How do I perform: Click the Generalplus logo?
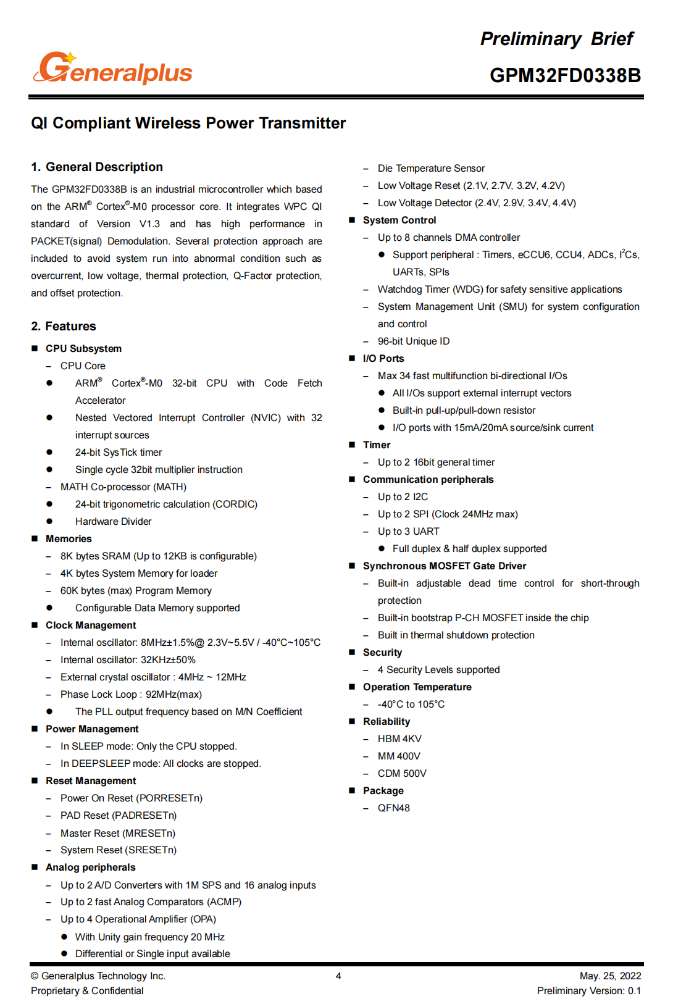[x=113, y=69]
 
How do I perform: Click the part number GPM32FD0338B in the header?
[x=565, y=75]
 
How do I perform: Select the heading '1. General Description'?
[x=97, y=167]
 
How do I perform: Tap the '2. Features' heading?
[x=64, y=326]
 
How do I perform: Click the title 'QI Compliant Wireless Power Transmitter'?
[x=188, y=123]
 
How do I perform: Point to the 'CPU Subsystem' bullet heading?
[x=83, y=348]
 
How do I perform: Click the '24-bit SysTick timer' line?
[x=119, y=452]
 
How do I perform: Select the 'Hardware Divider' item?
[x=113, y=521]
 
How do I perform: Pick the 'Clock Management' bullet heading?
[x=91, y=625]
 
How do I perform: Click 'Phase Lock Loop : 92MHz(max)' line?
[x=131, y=694]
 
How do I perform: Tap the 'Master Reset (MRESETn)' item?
[x=118, y=833]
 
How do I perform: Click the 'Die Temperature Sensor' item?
[x=431, y=168]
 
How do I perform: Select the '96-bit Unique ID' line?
[x=414, y=341]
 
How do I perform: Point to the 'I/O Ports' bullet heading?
[x=383, y=358]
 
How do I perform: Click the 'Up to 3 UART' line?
[x=409, y=531]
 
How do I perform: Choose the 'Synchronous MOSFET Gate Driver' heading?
[x=445, y=566]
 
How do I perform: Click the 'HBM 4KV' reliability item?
[x=399, y=738]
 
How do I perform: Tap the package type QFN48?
[x=394, y=808]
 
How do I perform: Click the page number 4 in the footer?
[x=338, y=976]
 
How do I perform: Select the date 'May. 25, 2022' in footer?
[x=610, y=976]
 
